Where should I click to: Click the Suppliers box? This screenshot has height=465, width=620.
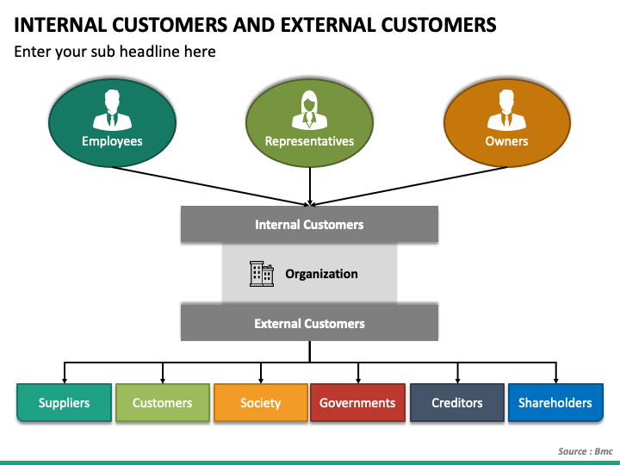point(64,402)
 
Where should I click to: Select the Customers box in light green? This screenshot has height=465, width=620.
point(163,402)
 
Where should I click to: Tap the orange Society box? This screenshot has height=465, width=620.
point(261,402)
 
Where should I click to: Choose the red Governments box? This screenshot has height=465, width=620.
point(358,402)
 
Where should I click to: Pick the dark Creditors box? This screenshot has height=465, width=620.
point(457,402)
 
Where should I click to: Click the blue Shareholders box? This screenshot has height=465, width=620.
point(555,402)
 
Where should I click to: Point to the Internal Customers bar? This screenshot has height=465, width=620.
point(309,224)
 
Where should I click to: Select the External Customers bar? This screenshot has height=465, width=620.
point(309,323)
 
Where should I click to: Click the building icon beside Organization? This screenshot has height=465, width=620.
point(262,274)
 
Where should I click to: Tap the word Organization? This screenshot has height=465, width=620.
point(321,274)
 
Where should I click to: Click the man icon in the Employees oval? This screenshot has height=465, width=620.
point(112,110)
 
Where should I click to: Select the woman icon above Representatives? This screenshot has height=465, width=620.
point(310,110)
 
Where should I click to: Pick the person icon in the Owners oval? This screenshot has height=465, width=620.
point(506,110)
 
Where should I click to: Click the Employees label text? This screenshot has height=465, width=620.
point(112,141)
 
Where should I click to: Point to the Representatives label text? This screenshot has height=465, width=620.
point(310,141)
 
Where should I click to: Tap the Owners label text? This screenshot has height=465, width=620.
point(506,141)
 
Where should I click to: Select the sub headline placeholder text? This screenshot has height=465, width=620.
point(115,52)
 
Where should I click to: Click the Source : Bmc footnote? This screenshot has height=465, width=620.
point(586,451)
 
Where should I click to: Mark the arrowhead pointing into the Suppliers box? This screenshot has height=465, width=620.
point(65,381)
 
